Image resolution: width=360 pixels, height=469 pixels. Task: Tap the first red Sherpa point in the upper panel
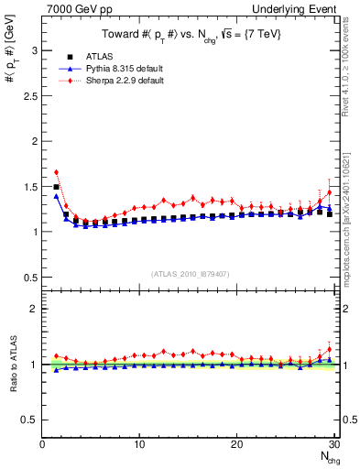(56, 172)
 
